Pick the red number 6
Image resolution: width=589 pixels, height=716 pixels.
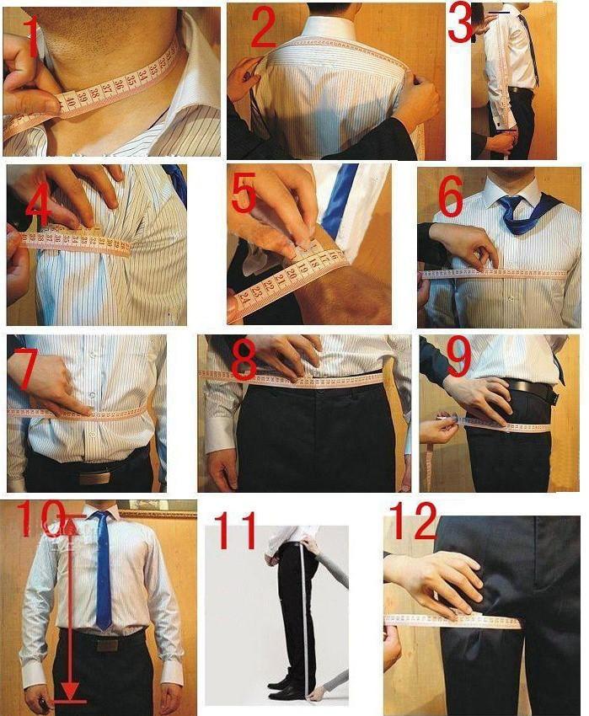coord(450,198)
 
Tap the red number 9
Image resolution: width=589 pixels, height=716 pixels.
coord(458,358)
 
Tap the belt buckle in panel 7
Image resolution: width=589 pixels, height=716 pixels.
coord(94,477)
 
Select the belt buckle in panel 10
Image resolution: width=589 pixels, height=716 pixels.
coord(106,644)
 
